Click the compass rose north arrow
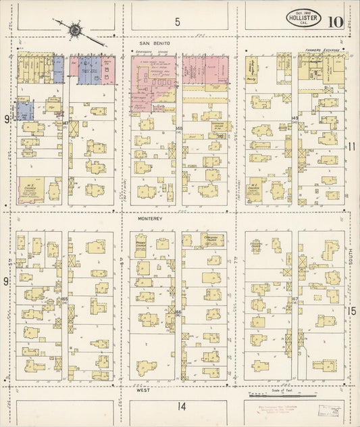pyautogui.click(x=74, y=30)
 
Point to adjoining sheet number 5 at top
pyautogui.click(x=178, y=22)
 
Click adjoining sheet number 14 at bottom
pyautogui.click(x=181, y=405)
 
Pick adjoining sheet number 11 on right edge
pyautogui.click(x=352, y=147)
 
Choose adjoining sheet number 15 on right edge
pyautogui.click(x=352, y=310)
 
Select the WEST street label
pyautogui.click(x=143, y=391)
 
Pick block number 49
pyautogui.click(x=295, y=119)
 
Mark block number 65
pyautogui.click(x=65, y=298)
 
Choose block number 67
pyautogui.click(x=295, y=298)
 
